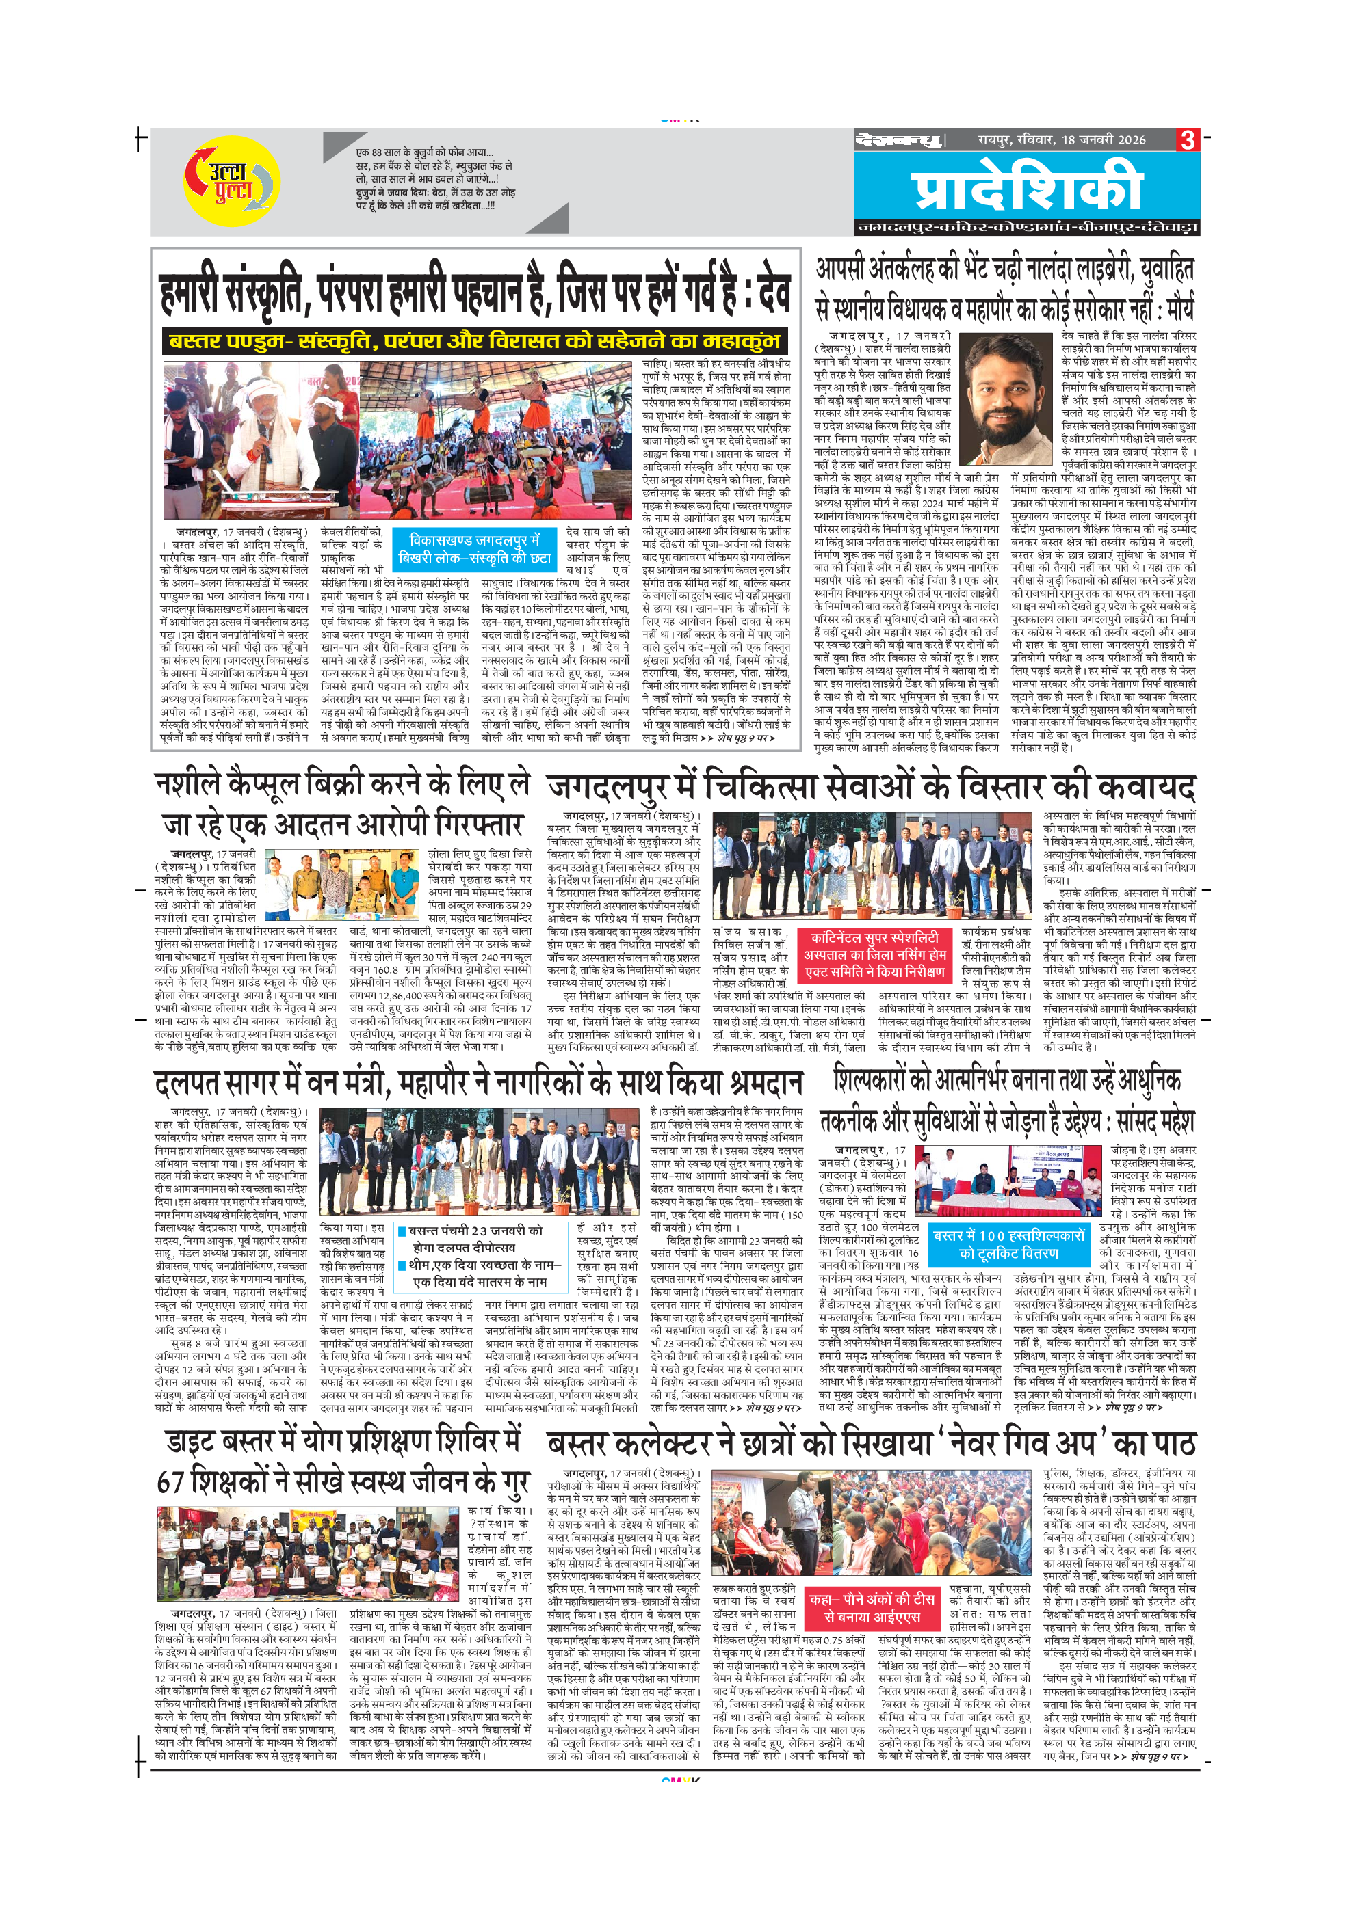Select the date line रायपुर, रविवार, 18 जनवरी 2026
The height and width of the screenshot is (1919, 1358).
[x=1061, y=139]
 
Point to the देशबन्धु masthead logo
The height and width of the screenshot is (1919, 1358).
[x=898, y=140]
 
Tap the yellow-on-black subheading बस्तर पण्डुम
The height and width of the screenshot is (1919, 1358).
[x=474, y=342]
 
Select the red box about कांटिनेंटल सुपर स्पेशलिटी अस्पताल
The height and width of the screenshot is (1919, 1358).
[x=874, y=954]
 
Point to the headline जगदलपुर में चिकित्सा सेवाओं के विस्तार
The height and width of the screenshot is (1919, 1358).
[x=870, y=788]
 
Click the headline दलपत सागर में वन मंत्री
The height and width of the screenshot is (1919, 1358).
[x=478, y=1084]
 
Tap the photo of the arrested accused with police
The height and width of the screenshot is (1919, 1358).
[x=343, y=884]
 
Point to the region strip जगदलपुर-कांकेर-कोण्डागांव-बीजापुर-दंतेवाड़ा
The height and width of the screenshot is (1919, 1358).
[x=1026, y=228]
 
